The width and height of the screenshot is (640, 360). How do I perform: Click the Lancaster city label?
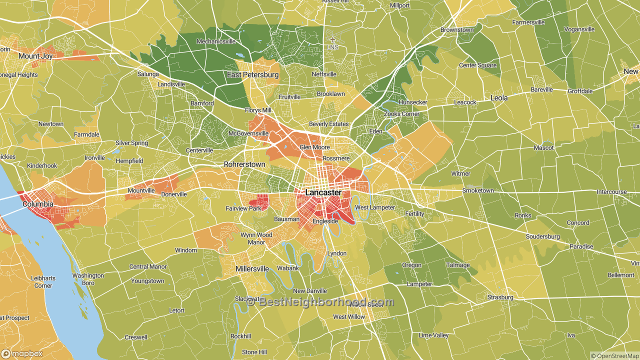click(323, 192)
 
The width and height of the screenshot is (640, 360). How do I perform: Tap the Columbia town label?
click(37, 204)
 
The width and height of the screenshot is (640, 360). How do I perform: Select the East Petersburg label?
click(252, 75)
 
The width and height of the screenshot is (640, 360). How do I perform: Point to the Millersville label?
click(252, 269)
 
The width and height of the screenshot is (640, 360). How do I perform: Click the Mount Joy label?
click(35, 56)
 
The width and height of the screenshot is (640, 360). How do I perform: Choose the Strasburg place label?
click(500, 297)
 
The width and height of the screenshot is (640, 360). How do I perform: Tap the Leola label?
click(498, 98)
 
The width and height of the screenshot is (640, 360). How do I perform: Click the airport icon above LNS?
click(333, 39)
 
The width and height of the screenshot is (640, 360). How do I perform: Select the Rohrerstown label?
click(244, 164)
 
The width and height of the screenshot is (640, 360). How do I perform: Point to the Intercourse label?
click(611, 192)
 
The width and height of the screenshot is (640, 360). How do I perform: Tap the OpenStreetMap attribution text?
click(614, 356)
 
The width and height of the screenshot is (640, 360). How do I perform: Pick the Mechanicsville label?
click(215, 41)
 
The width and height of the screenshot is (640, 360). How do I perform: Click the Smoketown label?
click(477, 190)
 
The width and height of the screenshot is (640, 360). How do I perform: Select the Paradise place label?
click(581, 246)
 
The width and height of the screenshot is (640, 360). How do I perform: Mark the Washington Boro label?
click(88, 279)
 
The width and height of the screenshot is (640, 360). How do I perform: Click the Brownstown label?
click(456, 30)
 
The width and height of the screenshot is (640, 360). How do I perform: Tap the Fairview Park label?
click(243, 208)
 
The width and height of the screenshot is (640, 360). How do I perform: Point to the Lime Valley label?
click(433, 335)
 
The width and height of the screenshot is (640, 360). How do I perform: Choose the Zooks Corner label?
click(401, 114)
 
